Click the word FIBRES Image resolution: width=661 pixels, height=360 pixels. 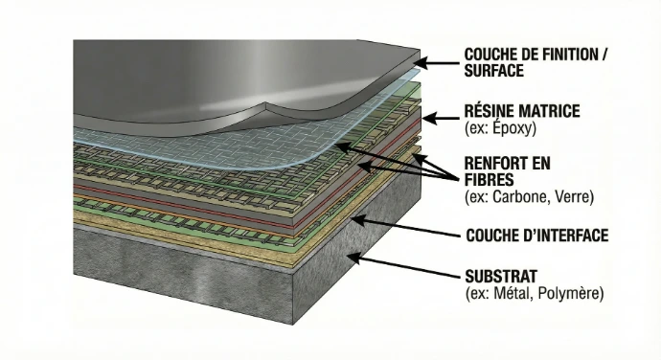point(489,179)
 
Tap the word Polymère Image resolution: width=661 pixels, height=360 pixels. point(571,293)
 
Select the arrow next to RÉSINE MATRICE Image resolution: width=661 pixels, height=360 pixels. point(442,119)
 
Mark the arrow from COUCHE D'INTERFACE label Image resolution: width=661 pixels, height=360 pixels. point(403,227)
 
